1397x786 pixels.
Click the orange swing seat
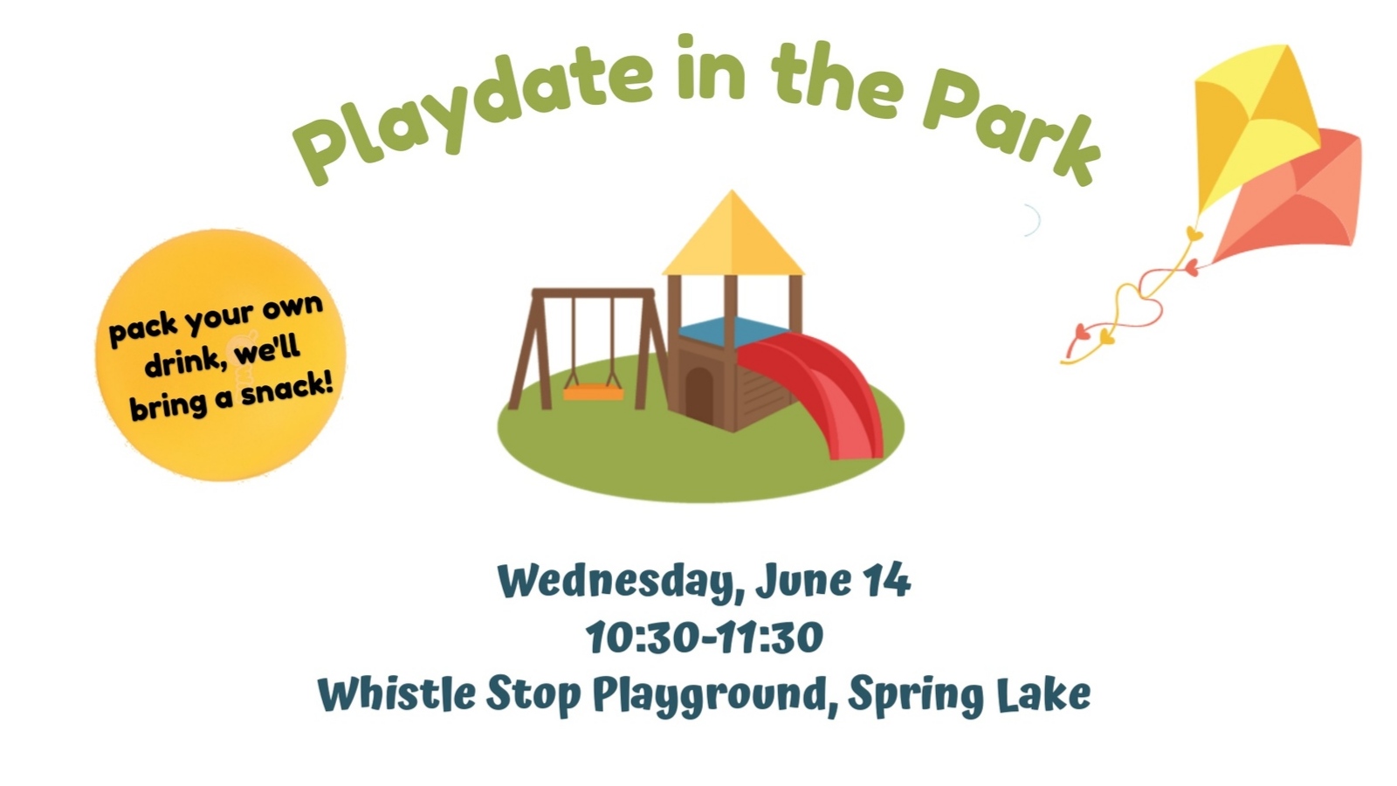(593, 392)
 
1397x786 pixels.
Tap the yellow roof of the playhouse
(733, 234)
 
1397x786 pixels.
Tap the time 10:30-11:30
(704, 637)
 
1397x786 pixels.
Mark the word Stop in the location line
(533, 694)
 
